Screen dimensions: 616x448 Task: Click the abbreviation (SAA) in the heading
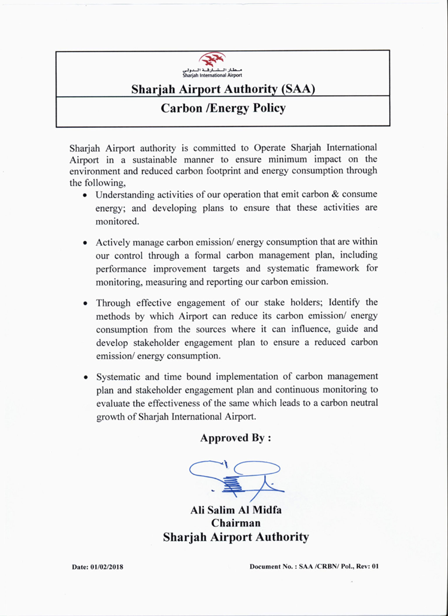[298, 89]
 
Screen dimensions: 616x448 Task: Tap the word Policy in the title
[269, 108]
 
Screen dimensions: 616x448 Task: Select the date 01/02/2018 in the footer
[107, 567]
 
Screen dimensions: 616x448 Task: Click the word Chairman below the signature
[236, 523]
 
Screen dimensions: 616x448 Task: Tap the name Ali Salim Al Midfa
[236, 510]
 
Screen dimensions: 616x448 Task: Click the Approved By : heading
[236, 438]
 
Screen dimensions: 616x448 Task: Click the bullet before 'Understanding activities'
[85, 195]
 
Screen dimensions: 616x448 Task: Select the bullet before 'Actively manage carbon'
[85, 243]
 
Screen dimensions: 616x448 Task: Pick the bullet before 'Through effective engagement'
[85, 303]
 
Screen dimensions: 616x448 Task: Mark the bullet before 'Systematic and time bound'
[85, 377]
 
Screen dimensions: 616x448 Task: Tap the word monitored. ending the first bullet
[117, 221]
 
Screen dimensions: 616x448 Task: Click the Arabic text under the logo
[212, 70]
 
